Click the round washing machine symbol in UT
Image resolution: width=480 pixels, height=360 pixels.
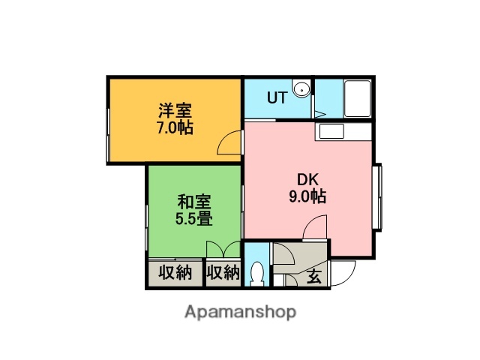pos(302,89)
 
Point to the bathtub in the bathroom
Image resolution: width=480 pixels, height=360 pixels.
pos(357,98)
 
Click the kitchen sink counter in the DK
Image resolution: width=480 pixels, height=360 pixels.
pos(330,131)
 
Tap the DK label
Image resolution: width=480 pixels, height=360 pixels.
pos(307,180)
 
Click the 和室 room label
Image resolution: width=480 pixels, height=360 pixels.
pos(193,202)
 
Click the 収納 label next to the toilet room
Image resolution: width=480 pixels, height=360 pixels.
pos(223,273)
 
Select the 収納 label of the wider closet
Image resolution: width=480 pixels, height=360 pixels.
pos(175,273)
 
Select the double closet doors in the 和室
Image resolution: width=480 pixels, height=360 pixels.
pos(223,250)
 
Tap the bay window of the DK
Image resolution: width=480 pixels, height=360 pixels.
pos(378,196)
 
